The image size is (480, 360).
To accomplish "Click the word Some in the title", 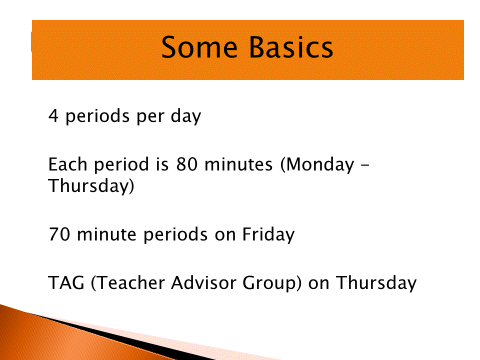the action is [x=199, y=47].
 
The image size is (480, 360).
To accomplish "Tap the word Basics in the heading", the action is [x=291, y=47].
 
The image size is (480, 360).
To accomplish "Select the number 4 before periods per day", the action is [x=53, y=115].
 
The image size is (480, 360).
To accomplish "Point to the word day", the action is [x=186, y=116].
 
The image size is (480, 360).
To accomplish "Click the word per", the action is [x=150, y=118].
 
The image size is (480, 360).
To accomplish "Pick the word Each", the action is [x=68, y=164].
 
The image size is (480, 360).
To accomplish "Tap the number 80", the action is [x=186, y=164].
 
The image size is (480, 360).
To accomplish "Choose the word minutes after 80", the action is [x=238, y=164].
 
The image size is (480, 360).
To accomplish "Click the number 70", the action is [x=59, y=234].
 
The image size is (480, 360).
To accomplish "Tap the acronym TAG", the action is [x=66, y=282].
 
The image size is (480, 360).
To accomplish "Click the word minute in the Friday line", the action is [x=106, y=234].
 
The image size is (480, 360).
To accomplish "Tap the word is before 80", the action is [x=162, y=164].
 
